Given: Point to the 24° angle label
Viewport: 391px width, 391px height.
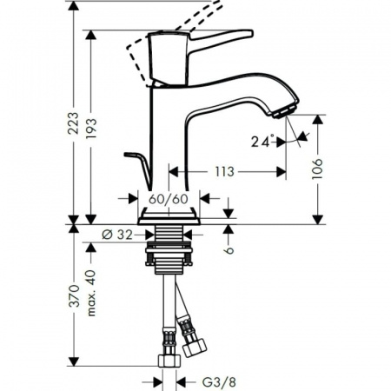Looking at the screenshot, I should pos(262,140).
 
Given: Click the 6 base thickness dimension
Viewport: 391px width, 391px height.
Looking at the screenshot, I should pos(229,249).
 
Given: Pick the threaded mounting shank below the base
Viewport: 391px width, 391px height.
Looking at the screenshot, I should pos(171,248).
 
